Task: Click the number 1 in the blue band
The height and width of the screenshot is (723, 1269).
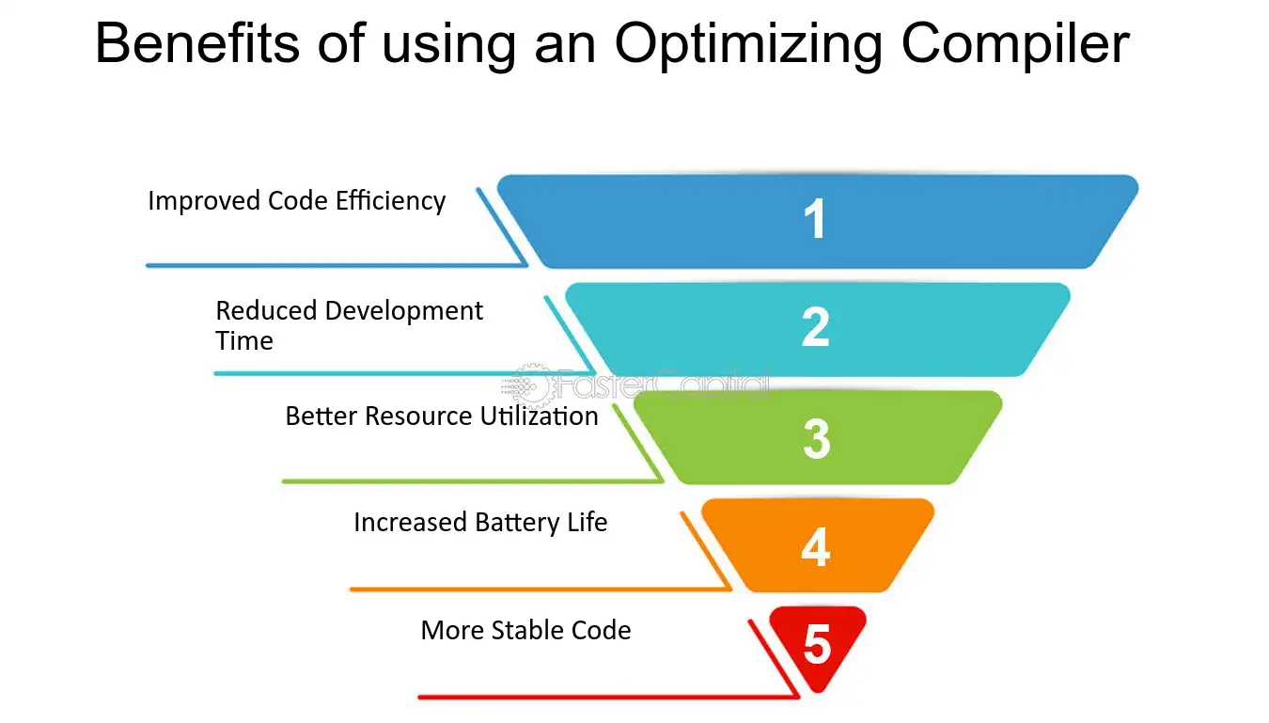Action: tap(815, 218)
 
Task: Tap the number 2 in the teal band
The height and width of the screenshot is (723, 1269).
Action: tap(816, 327)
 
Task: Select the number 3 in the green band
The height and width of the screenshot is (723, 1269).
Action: tap(816, 438)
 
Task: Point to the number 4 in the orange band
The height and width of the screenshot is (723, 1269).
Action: tap(816, 547)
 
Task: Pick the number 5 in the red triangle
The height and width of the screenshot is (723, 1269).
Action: tap(817, 644)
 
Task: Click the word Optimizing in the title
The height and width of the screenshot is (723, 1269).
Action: tap(748, 45)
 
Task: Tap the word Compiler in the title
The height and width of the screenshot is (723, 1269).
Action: tap(1015, 44)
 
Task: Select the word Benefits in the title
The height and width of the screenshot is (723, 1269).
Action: tap(197, 43)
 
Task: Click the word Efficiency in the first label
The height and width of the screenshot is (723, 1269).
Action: tap(390, 202)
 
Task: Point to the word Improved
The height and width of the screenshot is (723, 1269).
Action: tap(204, 202)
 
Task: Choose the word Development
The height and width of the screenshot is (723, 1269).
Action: tap(404, 311)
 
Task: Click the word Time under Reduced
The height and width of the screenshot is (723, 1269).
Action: tap(244, 341)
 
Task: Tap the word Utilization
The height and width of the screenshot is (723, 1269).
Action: tap(539, 416)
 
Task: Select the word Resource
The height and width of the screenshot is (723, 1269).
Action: tap(418, 416)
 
